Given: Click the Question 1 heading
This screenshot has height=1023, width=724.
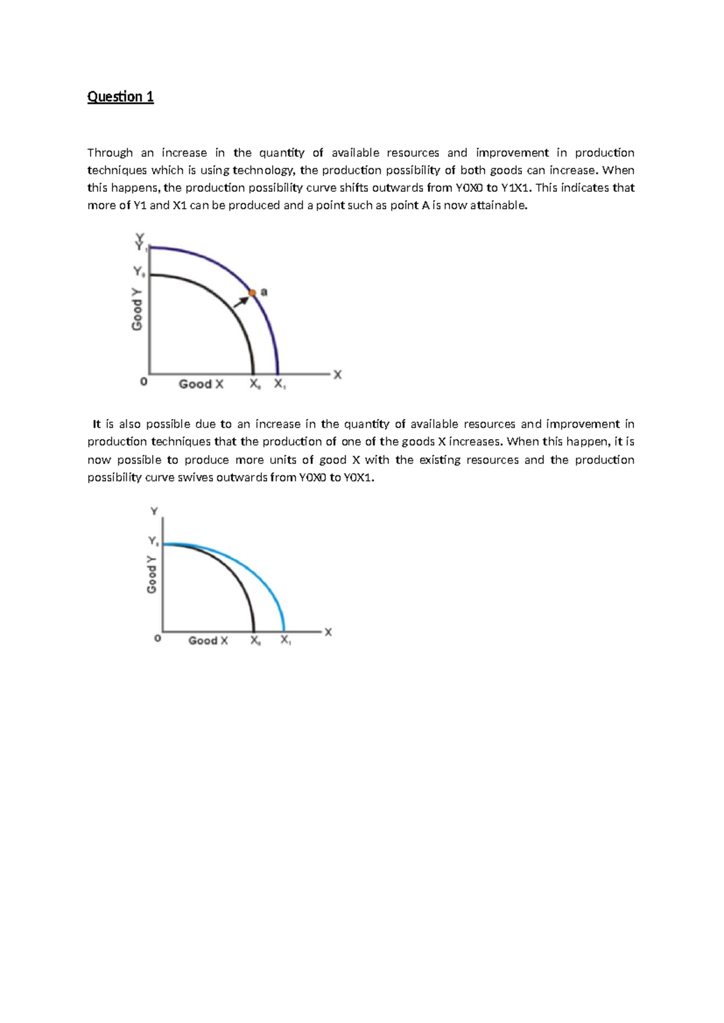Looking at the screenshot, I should (x=121, y=97).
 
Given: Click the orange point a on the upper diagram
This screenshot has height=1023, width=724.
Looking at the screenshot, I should (x=253, y=293).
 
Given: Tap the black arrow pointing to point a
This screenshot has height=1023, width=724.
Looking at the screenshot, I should (x=241, y=300).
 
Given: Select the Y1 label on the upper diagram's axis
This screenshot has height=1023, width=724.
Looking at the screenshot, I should (x=141, y=247).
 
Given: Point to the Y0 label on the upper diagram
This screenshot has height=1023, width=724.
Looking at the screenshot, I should (x=139, y=272).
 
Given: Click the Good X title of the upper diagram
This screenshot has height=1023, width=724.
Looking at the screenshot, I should (x=201, y=384).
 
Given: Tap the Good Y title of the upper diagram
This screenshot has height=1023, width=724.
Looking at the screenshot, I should (x=138, y=308).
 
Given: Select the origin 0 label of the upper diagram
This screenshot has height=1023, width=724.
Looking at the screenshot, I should (x=143, y=382).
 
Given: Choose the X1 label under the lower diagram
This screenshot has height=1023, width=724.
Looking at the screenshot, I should (x=285, y=641).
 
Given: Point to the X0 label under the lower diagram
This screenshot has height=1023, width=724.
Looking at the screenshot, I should (x=256, y=641).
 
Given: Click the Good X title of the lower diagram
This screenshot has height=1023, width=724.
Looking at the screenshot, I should (x=208, y=641).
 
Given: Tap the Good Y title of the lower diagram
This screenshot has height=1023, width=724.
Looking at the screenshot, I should (x=151, y=574).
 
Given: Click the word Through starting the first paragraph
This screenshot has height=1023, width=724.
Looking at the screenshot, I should (x=110, y=153).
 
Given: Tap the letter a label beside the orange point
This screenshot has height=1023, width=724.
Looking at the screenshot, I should (x=264, y=292).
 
